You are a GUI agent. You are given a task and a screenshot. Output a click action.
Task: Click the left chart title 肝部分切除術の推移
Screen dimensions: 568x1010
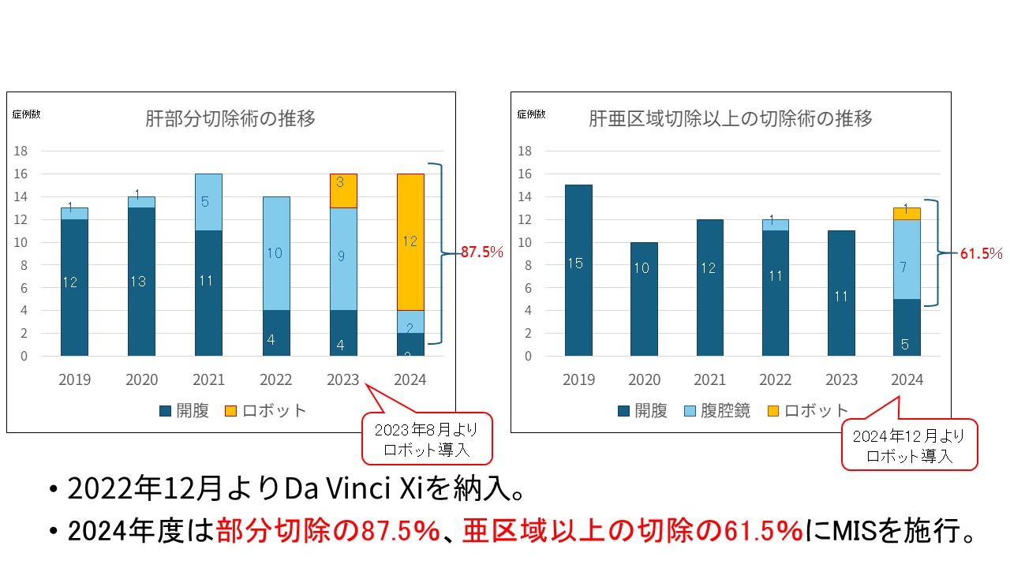click(x=230, y=119)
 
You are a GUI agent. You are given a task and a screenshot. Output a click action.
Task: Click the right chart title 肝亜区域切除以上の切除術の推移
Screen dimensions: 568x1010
click(x=731, y=119)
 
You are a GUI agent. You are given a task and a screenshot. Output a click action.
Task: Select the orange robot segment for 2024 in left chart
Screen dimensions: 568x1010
click(x=410, y=241)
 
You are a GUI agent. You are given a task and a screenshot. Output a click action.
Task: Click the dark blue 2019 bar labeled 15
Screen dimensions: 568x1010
click(x=578, y=270)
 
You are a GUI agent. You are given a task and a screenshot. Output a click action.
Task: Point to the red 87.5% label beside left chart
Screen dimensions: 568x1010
click(x=483, y=252)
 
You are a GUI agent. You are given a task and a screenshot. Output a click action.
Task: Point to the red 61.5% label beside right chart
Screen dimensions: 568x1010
click(x=982, y=253)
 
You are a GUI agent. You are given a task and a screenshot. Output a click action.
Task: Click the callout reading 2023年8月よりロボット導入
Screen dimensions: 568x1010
click(x=427, y=439)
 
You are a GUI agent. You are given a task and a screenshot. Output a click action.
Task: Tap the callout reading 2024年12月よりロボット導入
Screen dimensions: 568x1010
click(x=910, y=445)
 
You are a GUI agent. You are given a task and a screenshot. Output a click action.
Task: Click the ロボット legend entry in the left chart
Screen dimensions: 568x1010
click(x=274, y=410)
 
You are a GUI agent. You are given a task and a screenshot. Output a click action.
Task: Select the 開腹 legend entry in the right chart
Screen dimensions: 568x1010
click(x=643, y=410)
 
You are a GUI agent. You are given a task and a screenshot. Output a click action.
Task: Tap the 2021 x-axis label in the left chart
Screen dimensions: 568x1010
click(x=208, y=379)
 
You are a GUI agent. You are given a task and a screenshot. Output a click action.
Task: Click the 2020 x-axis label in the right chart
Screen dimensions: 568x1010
click(x=645, y=379)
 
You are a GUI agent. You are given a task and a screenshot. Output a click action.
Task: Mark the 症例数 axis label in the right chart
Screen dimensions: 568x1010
click(x=531, y=114)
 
